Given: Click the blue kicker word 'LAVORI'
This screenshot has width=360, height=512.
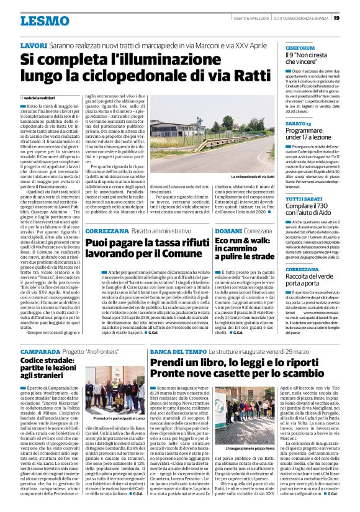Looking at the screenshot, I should [x=34, y=46].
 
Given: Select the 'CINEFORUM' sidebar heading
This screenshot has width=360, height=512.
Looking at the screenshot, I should [x=300, y=48].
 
